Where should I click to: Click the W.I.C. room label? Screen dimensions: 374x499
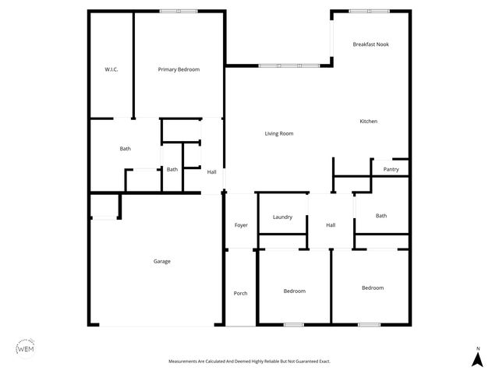pos(111,69)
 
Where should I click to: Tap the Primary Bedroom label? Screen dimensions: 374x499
pos(179,69)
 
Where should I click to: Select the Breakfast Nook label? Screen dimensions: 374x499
pos(370,44)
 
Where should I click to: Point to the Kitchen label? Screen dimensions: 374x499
pos(368,122)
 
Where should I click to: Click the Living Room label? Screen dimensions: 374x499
pos(278,134)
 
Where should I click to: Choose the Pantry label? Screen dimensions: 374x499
pos(391,169)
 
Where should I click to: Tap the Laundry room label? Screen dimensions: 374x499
pos(282,217)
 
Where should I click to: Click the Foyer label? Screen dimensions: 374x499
pos(241,225)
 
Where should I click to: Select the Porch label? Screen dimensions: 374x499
pos(240,293)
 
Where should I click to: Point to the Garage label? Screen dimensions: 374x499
pos(161,261)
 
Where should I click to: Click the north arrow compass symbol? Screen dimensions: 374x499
pos(476,358)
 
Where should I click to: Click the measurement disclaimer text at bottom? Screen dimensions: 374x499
pos(249,362)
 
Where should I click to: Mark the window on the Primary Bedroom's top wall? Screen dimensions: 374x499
pos(179,11)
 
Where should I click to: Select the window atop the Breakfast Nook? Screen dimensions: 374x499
pos(370,11)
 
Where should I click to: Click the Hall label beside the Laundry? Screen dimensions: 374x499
pos(331,225)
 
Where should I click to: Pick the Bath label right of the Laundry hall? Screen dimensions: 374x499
pos(381,216)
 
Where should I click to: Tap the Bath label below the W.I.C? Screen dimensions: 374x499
pos(125,149)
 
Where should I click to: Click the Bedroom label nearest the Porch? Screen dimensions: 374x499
pos(294,291)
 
